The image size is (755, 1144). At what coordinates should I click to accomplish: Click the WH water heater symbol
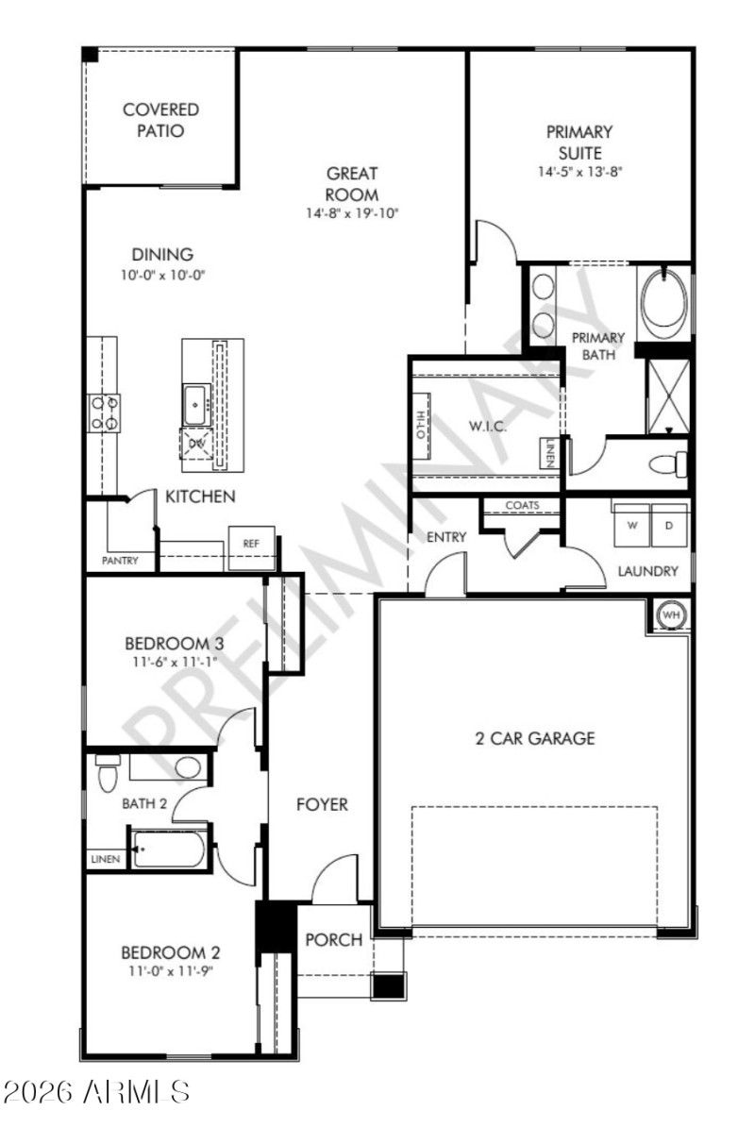671,615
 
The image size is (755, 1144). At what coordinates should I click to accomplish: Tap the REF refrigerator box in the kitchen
251,544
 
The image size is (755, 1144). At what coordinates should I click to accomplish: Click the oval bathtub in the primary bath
664,299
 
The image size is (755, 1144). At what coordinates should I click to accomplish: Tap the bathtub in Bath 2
169,849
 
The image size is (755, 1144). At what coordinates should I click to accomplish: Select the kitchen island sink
196,404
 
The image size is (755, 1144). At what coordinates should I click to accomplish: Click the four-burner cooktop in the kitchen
105,412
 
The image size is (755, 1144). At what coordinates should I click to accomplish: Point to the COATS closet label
522,506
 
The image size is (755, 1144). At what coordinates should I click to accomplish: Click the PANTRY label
120,561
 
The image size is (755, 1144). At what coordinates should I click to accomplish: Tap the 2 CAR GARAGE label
534,738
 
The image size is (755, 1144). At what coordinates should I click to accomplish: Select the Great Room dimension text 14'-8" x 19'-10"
352,213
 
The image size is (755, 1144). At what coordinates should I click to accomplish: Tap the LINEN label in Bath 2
105,860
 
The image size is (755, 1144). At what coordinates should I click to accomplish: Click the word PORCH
334,939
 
